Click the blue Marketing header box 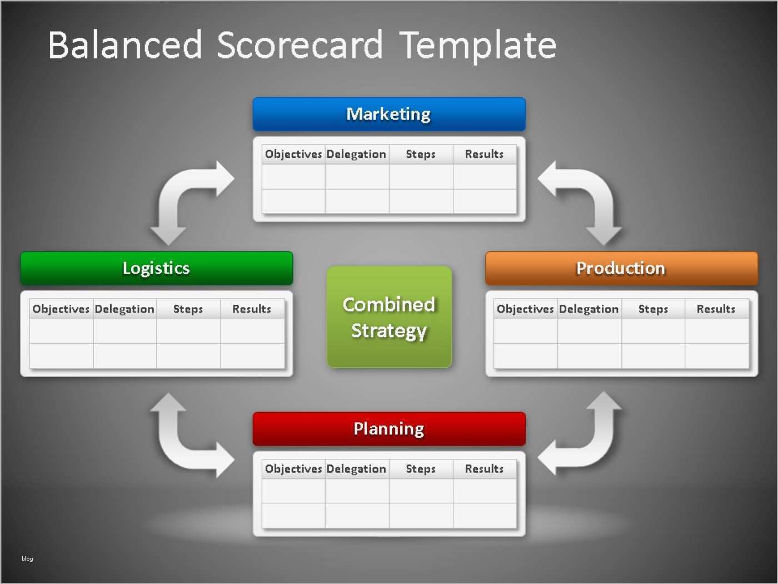click(x=389, y=114)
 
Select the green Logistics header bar click(x=157, y=269)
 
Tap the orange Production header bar click(x=622, y=269)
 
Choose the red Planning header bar click(x=389, y=429)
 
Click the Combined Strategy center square click(x=389, y=317)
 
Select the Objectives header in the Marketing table click(x=293, y=154)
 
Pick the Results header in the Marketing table click(x=484, y=154)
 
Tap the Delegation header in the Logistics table click(x=124, y=309)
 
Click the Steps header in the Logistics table click(x=188, y=309)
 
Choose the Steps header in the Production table click(x=653, y=309)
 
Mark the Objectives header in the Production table click(x=525, y=309)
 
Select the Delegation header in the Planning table click(x=356, y=469)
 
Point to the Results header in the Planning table click(x=484, y=469)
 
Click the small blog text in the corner click(x=27, y=558)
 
